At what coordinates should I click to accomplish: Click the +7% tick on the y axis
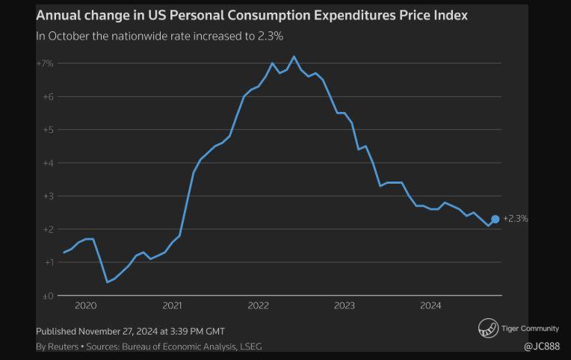click(x=45, y=63)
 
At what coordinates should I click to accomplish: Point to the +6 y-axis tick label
click(x=46, y=97)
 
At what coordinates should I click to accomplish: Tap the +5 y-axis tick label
click(x=46, y=130)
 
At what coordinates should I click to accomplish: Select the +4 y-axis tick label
click(x=46, y=163)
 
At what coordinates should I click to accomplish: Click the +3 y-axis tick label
click(x=46, y=196)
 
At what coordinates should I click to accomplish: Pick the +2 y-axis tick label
click(x=46, y=229)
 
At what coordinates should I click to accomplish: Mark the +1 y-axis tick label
click(x=46, y=262)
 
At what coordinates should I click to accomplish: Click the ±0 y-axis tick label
click(x=46, y=296)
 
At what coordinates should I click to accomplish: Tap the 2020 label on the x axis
click(x=86, y=305)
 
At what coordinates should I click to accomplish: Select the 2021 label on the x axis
click(x=172, y=305)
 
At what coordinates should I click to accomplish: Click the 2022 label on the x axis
click(x=259, y=305)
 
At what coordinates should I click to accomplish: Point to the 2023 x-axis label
click(x=345, y=305)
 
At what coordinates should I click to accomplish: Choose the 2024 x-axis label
click(x=430, y=305)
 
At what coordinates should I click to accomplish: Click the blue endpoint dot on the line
click(x=495, y=219)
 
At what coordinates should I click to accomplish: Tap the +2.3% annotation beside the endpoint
click(x=516, y=219)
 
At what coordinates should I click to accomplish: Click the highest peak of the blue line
click(x=294, y=57)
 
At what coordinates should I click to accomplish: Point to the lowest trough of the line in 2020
click(x=107, y=282)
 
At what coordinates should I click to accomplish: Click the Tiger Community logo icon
click(x=488, y=328)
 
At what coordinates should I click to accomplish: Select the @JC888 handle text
click(x=541, y=347)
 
